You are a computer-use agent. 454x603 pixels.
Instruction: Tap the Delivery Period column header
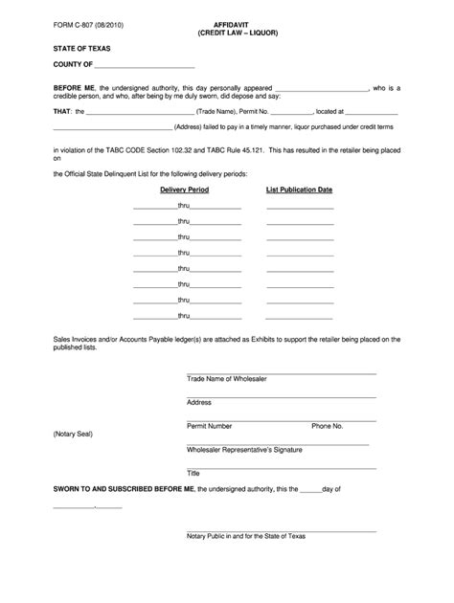185,190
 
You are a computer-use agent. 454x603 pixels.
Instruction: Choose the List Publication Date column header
299,190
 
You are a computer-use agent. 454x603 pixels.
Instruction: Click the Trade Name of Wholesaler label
226,379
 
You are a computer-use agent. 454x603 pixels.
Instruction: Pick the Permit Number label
210,425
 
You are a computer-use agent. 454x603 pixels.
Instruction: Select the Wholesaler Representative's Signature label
238,448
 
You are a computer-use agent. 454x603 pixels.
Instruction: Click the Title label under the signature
193,472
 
